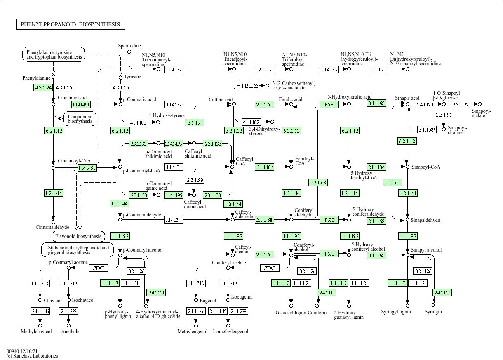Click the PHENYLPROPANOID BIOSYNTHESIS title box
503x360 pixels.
tap(71, 24)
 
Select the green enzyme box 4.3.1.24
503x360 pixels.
tap(43, 87)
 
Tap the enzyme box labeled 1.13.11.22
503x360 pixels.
tap(250, 86)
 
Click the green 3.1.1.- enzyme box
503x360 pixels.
tap(195, 122)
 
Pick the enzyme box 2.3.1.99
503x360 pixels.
tap(195, 180)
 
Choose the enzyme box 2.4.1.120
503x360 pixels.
tap(424, 105)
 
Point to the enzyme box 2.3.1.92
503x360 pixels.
tap(460, 105)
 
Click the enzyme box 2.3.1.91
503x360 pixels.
tap(444, 115)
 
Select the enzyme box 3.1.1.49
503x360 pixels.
tap(426, 129)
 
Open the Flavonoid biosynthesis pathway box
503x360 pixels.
tap(78, 236)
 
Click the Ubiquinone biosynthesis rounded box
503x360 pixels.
tap(80, 119)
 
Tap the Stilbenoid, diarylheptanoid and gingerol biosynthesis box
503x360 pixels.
tap(78, 250)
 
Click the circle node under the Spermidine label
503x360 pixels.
tap(129, 52)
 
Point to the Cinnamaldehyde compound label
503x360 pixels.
tap(52, 227)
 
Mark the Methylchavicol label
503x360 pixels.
tap(36, 332)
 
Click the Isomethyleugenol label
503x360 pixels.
tap(230, 332)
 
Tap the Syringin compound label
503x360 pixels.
tap(433, 312)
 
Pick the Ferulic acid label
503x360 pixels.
tap(290, 99)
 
